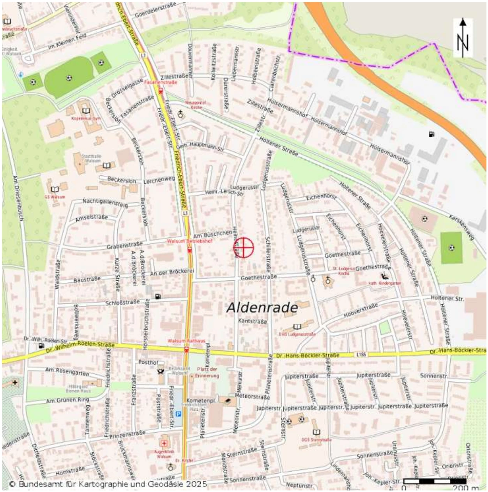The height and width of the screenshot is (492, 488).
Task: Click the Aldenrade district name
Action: (x=262, y=308)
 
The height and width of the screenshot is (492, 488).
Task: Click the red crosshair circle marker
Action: (x=244, y=248)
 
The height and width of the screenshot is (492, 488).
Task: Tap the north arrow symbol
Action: (x=463, y=38)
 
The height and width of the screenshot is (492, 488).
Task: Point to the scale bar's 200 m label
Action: (x=465, y=488)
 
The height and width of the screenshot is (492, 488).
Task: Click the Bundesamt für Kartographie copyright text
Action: (x=108, y=484)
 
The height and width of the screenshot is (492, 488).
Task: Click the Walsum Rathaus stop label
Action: (x=186, y=341)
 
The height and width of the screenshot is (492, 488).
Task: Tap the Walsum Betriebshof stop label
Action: (x=190, y=241)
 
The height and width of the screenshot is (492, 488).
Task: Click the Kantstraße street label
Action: (x=253, y=321)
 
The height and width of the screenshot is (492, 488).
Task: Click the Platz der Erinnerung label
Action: (x=207, y=372)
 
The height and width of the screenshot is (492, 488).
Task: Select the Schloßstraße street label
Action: (x=122, y=303)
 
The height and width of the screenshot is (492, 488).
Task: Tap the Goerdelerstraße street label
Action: (x=155, y=10)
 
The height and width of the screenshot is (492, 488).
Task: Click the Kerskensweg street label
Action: (x=461, y=227)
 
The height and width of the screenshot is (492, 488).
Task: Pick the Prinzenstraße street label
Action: (x=127, y=434)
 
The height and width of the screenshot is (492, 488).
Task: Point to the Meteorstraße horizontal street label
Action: (x=252, y=396)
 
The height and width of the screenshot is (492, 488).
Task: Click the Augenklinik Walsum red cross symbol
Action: (x=164, y=444)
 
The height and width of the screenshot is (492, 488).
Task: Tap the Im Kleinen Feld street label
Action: (x=67, y=41)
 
